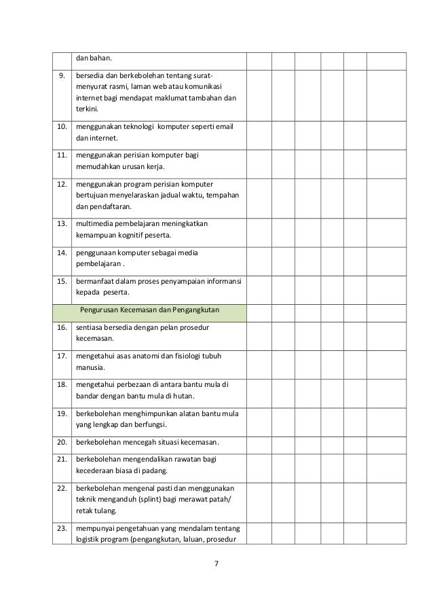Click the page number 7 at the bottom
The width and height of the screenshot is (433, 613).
(x=216, y=564)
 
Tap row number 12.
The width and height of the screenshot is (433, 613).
(x=62, y=183)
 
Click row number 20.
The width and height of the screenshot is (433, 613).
(x=62, y=442)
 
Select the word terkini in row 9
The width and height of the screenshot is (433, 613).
(x=86, y=109)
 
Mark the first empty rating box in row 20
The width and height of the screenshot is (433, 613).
(x=259, y=442)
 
